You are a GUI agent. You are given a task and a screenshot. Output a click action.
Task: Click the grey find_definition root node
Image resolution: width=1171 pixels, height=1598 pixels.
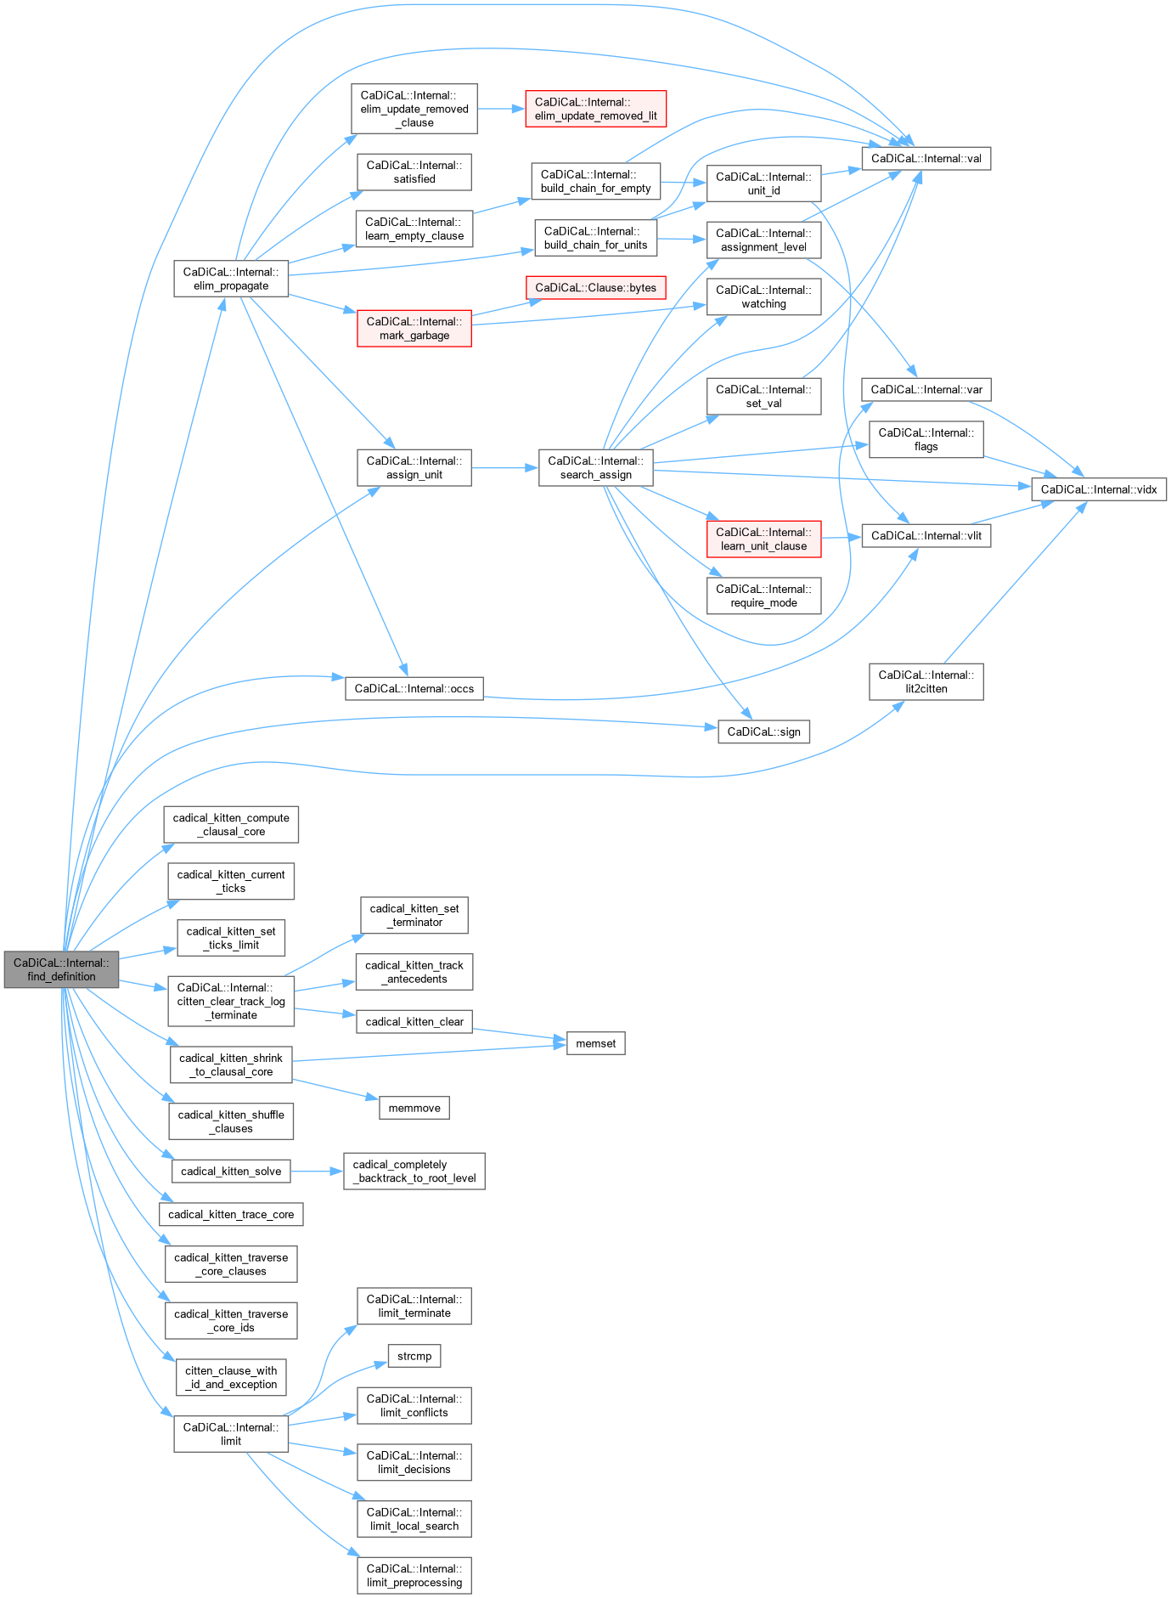61,969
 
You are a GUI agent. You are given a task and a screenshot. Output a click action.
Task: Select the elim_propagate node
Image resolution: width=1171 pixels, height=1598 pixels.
231,279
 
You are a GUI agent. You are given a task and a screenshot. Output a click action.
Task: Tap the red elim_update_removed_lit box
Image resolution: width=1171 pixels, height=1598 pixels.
595,109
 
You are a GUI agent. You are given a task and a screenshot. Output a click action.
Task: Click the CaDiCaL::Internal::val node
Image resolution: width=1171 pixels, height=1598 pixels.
926,158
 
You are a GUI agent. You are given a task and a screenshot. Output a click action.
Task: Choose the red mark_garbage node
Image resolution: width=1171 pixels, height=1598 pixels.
414,328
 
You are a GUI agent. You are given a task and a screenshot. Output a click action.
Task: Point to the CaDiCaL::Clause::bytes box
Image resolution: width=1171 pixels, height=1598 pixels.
595,288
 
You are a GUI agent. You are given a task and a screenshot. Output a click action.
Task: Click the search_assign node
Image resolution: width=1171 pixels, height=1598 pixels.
595,468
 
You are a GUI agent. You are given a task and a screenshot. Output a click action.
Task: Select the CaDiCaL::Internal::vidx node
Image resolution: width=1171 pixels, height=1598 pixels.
1098,489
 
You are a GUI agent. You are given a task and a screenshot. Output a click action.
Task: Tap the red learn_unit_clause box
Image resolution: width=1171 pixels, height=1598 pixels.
763,539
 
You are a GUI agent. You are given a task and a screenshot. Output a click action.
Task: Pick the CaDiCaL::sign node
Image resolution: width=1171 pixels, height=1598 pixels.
763,731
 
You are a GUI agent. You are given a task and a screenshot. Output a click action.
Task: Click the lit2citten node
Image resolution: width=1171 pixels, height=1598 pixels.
926,681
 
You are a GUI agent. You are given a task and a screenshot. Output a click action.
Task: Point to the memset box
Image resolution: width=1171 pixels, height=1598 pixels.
595,1043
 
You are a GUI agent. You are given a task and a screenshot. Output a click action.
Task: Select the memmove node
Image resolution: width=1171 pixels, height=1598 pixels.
414,1108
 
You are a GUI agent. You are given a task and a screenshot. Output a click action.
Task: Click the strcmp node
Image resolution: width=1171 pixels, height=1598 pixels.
414,1356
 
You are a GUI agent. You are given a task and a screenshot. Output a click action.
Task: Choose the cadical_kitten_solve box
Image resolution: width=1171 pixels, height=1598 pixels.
231,1172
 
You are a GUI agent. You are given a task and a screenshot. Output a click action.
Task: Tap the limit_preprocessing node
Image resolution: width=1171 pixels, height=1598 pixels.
414,1575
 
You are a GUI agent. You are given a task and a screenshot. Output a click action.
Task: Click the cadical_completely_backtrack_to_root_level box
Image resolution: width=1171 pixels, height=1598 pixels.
414,1172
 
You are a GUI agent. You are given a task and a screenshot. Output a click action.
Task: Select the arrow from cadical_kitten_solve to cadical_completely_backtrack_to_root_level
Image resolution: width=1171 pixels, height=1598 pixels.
317,1172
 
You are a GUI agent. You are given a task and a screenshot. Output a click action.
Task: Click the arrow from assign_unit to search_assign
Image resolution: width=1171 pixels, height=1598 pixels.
504,468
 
